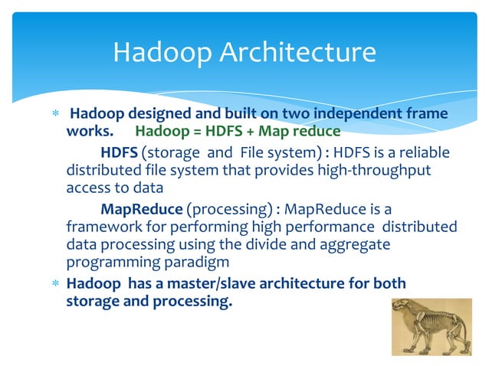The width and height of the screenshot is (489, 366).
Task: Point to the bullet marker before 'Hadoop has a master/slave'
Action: pos(53,284)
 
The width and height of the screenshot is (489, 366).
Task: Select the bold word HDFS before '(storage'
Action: pos(119,153)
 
